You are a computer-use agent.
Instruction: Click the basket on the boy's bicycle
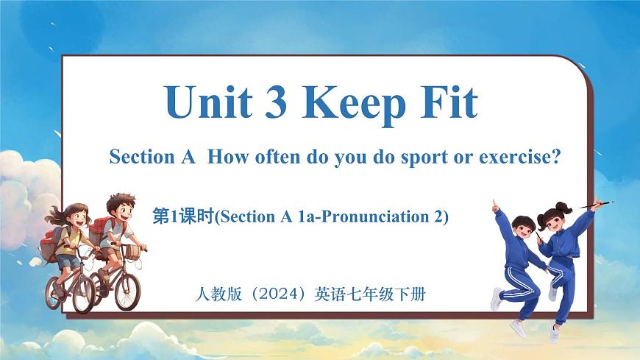pos(131,251)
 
